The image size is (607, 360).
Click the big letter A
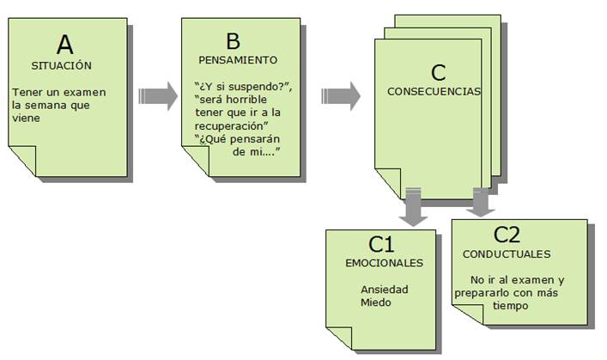pyautogui.click(x=64, y=45)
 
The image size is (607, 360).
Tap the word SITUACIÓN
pyautogui.click(x=62, y=65)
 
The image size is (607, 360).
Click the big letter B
pyautogui.click(x=233, y=41)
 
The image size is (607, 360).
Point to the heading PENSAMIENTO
pyautogui.click(x=238, y=60)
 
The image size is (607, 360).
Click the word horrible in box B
pyautogui.click(x=246, y=99)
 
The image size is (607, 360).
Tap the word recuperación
pyautogui.click(x=230, y=126)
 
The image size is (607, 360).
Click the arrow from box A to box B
pyautogui.click(x=158, y=95)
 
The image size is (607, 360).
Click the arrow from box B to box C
pyautogui.click(x=341, y=95)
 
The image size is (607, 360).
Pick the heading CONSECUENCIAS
pyautogui.click(x=434, y=91)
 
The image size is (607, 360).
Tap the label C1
pyautogui.click(x=381, y=244)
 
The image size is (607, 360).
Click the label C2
pyautogui.click(x=507, y=234)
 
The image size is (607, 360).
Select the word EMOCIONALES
pyautogui.click(x=385, y=263)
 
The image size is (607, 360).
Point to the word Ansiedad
pyautogui.click(x=385, y=290)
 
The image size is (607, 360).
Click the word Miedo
pyautogui.click(x=375, y=302)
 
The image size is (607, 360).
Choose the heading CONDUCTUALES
pyautogui.click(x=507, y=254)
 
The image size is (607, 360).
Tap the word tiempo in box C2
pyautogui.click(x=510, y=305)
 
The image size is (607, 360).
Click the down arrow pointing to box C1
pyautogui.click(x=414, y=206)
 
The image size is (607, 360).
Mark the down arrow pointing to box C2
pyautogui.click(x=481, y=203)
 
